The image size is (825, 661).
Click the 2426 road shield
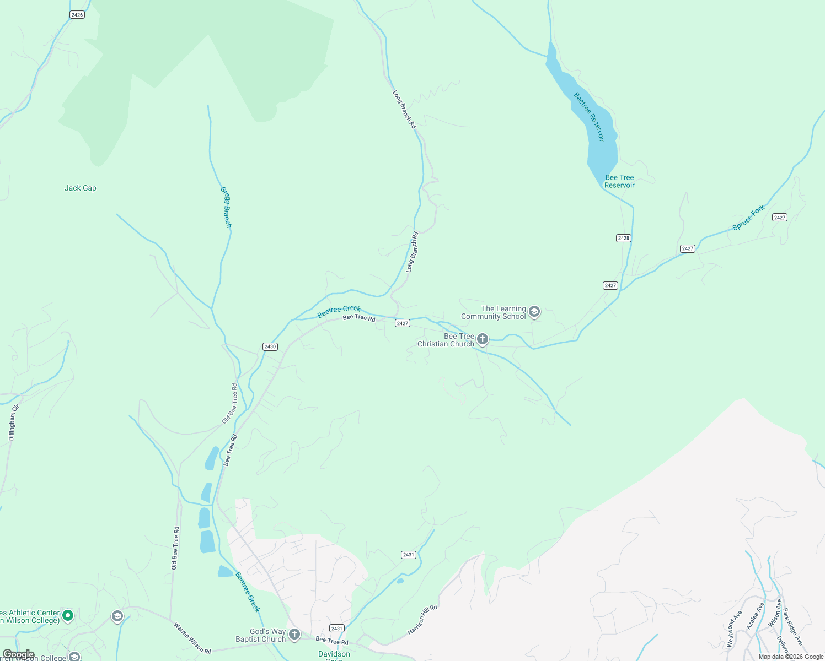(x=77, y=15)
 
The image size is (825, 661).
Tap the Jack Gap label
(x=81, y=188)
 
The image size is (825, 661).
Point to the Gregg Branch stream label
(x=226, y=207)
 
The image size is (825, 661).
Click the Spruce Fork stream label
(x=748, y=218)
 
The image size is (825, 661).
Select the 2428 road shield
(x=624, y=238)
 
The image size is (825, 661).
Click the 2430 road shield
(x=270, y=346)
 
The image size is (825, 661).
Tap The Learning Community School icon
(x=534, y=312)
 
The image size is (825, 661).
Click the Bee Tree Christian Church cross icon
(x=483, y=339)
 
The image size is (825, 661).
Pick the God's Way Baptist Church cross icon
(x=294, y=635)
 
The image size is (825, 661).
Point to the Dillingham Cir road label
(x=13, y=422)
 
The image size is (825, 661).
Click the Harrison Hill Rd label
(x=422, y=620)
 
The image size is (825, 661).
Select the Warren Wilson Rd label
(x=192, y=638)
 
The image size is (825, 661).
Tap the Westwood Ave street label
(x=734, y=629)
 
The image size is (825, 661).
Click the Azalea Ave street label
(x=755, y=616)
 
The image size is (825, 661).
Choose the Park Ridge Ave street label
(x=793, y=627)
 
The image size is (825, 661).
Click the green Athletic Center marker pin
(x=68, y=615)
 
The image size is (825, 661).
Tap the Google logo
(x=18, y=654)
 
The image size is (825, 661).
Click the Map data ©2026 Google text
(x=791, y=657)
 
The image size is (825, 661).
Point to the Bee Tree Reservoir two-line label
(x=619, y=181)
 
